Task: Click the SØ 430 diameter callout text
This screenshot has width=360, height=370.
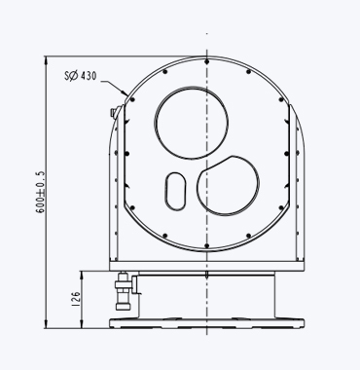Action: [x=81, y=76]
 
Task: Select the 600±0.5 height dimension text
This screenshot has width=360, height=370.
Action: [x=41, y=192]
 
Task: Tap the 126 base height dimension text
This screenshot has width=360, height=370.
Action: [x=75, y=299]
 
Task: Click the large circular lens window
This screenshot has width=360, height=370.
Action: [x=192, y=123]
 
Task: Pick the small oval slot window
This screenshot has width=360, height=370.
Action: [x=176, y=191]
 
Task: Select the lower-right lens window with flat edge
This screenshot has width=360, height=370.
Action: [x=228, y=186]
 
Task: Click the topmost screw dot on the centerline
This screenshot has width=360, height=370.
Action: [x=207, y=61]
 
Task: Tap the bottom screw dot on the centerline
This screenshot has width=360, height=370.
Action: [x=207, y=245]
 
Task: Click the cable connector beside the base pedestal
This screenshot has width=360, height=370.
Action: [x=124, y=291]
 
